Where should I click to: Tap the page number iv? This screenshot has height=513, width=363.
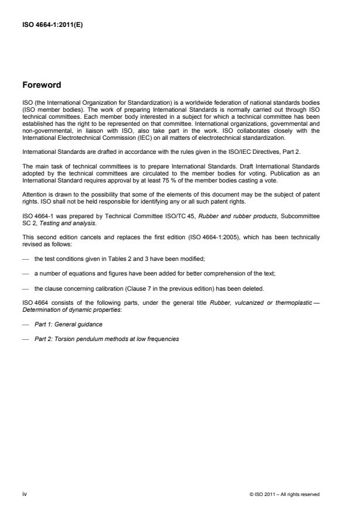[25, 494]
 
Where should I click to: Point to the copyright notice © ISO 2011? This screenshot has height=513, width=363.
[285, 494]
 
